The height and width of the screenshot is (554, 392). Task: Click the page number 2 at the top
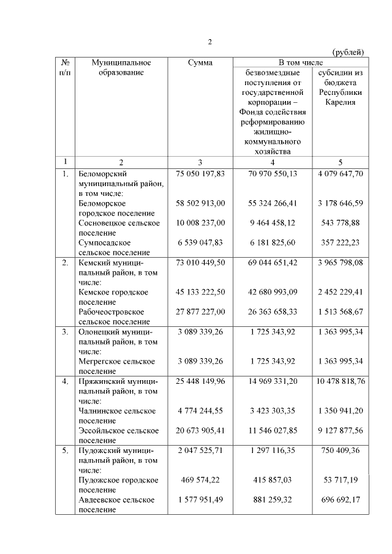(x=209, y=42)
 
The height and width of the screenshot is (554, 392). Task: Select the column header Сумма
(x=200, y=62)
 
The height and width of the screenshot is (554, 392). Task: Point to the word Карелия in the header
(x=341, y=102)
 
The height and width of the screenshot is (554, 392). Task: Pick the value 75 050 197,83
(x=200, y=174)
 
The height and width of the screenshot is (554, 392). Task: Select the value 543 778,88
(x=341, y=223)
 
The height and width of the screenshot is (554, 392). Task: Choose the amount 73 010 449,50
(x=200, y=263)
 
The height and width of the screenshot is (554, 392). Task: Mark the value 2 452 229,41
(x=341, y=292)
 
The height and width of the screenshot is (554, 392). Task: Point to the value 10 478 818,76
(x=341, y=381)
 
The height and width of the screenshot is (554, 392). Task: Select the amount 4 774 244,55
(x=200, y=411)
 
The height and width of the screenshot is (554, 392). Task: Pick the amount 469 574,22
(x=200, y=480)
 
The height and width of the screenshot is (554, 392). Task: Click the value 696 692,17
(x=341, y=500)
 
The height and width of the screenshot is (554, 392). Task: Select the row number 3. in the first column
(x=65, y=332)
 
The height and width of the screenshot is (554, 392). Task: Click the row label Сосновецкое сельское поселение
(x=119, y=228)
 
